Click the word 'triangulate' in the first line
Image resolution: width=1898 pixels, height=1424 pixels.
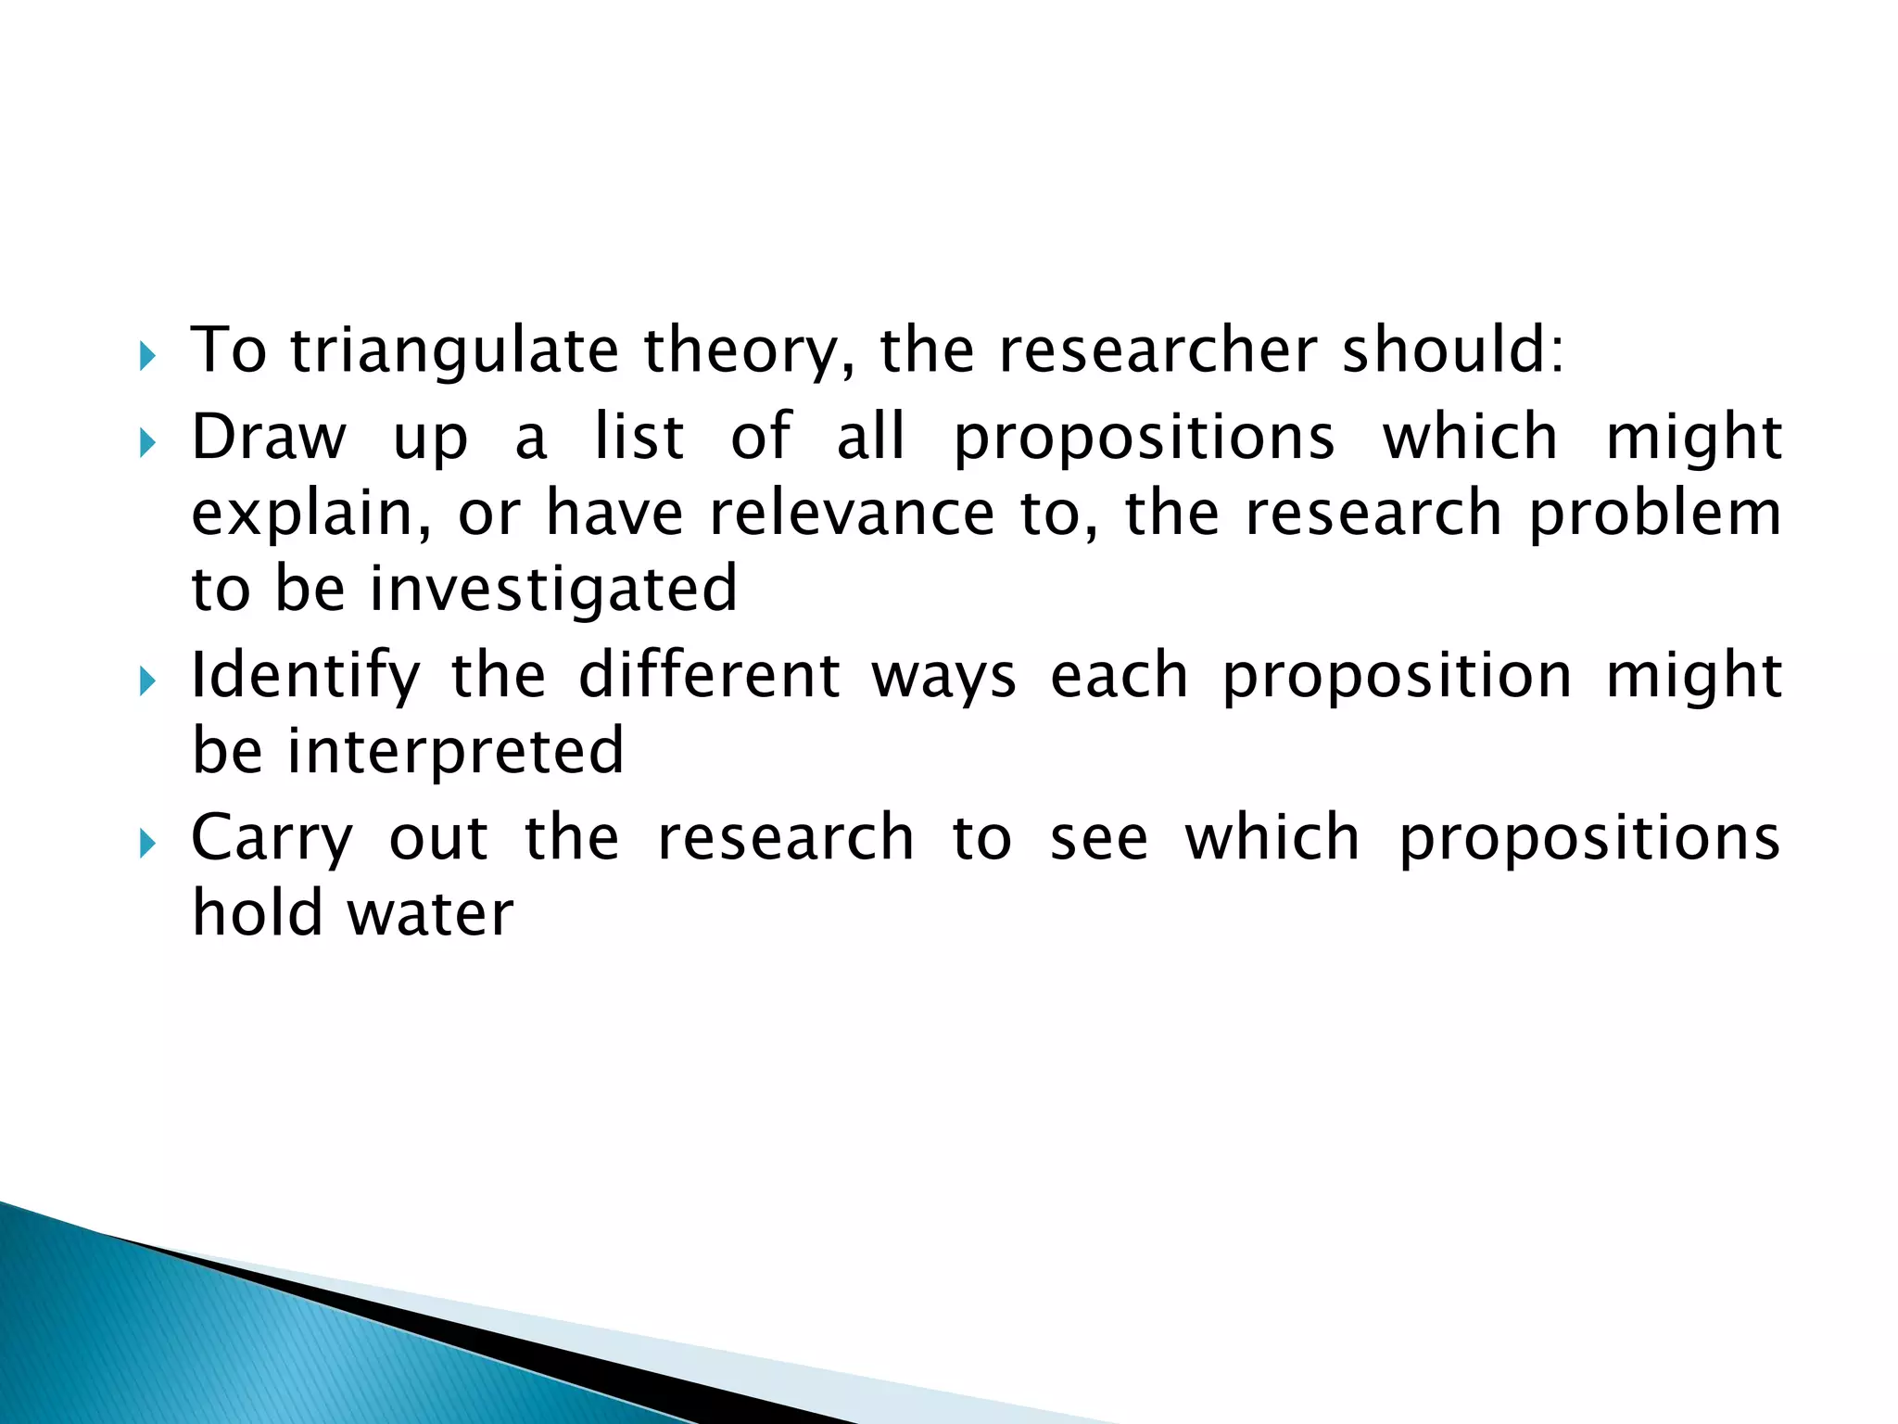[454, 351]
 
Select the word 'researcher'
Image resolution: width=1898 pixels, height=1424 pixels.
[1158, 351]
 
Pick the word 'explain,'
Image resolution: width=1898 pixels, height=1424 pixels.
[311, 515]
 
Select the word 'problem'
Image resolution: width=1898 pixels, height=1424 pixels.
[1655, 515]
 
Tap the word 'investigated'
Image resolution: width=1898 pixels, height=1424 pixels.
[553, 590]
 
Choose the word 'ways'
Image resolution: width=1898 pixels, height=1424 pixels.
[944, 678]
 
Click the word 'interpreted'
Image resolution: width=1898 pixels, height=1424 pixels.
[455, 752]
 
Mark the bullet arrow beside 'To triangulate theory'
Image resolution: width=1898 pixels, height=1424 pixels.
[147, 356]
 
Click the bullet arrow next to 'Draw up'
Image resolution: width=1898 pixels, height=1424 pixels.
[147, 442]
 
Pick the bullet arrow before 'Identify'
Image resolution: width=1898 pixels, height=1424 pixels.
[147, 682]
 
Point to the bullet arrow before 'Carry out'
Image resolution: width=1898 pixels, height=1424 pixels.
[147, 844]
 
